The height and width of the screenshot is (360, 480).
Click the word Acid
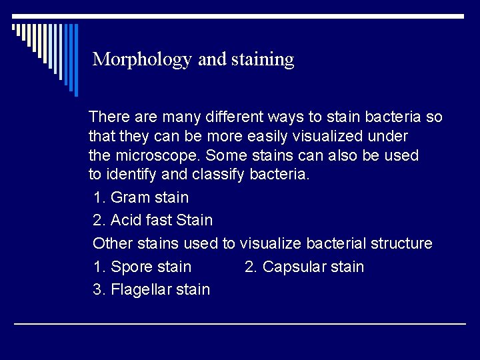pos(125,219)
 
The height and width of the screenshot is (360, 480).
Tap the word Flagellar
pos(142,289)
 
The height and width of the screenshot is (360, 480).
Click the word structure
pos(399,243)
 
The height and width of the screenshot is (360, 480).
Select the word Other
pos(112,243)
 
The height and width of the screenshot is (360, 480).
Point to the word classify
pos(221,175)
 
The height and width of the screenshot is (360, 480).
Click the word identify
pos(131,175)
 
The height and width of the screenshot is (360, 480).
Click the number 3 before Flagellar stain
pos(98,289)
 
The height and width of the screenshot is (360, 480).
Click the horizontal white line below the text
pos(240,324)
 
